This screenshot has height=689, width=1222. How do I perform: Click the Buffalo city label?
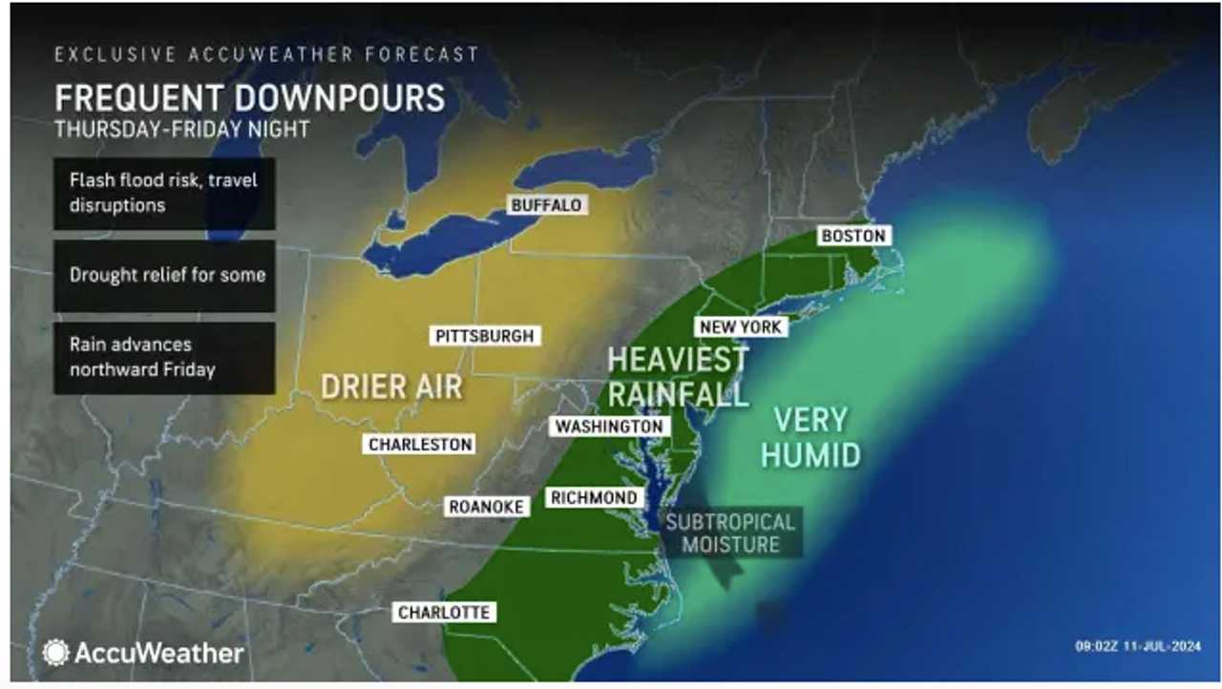tap(545, 205)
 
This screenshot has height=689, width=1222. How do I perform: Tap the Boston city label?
tap(853, 236)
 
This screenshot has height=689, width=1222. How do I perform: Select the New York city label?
tap(741, 327)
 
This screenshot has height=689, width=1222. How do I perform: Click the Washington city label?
tap(608, 427)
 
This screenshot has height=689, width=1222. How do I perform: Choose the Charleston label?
tap(420, 445)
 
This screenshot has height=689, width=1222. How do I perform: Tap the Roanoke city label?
tap(486, 507)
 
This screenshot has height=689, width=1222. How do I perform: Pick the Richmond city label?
tap(593, 497)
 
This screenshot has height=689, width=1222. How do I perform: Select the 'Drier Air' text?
tap(391, 386)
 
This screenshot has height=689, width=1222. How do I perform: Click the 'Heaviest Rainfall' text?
tap(678, 376)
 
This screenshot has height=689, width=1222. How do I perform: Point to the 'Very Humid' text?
tap(811, 437)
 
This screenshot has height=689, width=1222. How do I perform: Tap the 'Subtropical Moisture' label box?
tap(730, 533)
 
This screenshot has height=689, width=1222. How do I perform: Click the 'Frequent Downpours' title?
tap(250, 97)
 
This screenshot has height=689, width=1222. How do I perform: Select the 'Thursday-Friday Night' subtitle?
tap(181, 129)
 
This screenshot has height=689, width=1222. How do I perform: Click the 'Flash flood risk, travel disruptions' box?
tap(164, 193)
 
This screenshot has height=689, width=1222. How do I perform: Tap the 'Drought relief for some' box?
tap(164, 275)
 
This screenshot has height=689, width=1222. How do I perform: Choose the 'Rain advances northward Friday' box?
tap(164, 357)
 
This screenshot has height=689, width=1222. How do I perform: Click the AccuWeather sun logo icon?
tap(55, 653)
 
